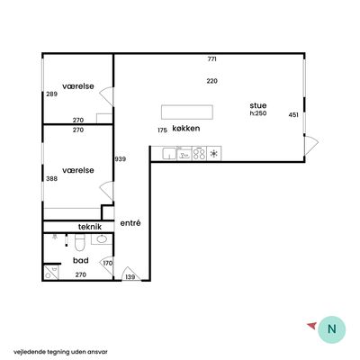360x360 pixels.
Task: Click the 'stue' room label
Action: (x=258, y=105)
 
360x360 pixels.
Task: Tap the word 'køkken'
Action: (x=186, y=129)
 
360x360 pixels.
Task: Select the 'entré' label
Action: (x=130, y=223)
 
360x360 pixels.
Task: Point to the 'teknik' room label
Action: (x=90, y=227)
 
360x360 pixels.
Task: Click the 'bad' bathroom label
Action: (x=81, y=260)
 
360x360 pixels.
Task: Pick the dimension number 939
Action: (x=121, y=159)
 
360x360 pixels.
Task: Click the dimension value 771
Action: (x=211, y=59)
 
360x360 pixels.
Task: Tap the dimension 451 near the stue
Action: (x=293, y=115)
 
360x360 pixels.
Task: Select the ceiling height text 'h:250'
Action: (x=258, y=113)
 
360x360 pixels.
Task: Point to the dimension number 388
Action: (x=51, y=179)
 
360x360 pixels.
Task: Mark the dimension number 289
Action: (x=51, y=94)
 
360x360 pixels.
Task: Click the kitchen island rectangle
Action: (x=187, y=112)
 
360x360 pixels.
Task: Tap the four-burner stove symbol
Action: (x=199, y=154)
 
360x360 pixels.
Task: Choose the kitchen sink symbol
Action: (x=169, y=154)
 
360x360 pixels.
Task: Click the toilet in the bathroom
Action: (x=80, y=243)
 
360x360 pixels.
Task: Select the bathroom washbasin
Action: (x=102, y=239)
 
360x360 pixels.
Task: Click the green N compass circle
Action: (x=331, y=329)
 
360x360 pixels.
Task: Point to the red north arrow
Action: (x=311, y=326)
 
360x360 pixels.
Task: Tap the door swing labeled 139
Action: (x=130, y=274)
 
